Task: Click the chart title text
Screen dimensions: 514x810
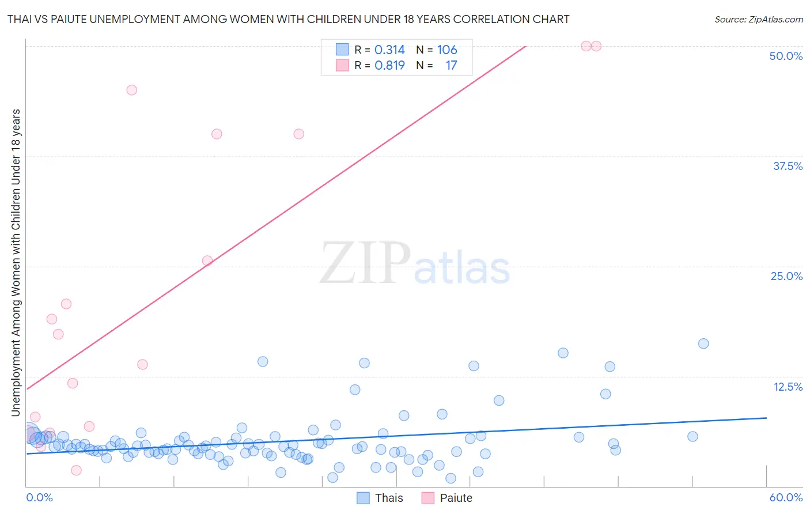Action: pyautogui.click(x=288, y=19)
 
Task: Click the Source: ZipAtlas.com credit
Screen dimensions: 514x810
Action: pyautogui.click(x=758, y=19)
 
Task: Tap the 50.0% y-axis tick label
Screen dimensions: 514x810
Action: pyautogui.click(x=786, y=56)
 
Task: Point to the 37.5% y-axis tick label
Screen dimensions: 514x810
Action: pyautogui.click(x=788, y=166)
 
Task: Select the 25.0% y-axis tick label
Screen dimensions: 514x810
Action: pyautogui.click(x=786, y=276)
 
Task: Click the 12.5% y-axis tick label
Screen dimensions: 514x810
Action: pyautogui.click(x=788, y=387)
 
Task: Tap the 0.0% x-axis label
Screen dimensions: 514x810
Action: pyautogui.click(x=39, y=497)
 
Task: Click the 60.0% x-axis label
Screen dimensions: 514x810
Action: pyautogui.click(x=786, y=497)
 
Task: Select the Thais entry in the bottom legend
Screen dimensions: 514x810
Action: pyautogui.click(x=380, y=498)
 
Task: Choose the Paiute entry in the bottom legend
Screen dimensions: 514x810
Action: pyautogui.click(x=447, y=498)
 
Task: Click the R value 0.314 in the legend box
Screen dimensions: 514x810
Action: pyautogui.click(x=389, y=50)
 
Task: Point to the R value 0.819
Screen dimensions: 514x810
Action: pyautogui.click(x=389, y=66)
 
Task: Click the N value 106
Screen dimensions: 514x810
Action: pyautogui.click(x=447, y=50)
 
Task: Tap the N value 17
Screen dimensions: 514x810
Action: pyautogui.click(x=451, y=66)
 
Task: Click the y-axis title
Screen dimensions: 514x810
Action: pyautogui.click(x=16, y=262)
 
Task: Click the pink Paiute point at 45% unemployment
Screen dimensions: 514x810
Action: pyautogui.click(x=131, y=90)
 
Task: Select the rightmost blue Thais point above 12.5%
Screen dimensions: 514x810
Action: pyautogui.click(x=703, y=343)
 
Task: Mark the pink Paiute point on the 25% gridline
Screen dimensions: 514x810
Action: pyautogui.click(x=207, y=260)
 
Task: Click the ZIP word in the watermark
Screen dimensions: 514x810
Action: pyautogui.click(x=365, y=263)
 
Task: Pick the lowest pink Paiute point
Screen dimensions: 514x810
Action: pyautogui.click(x=76, y=470)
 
